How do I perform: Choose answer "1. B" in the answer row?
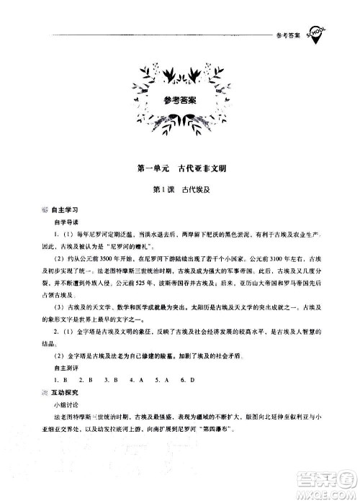(x=57, y=376)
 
